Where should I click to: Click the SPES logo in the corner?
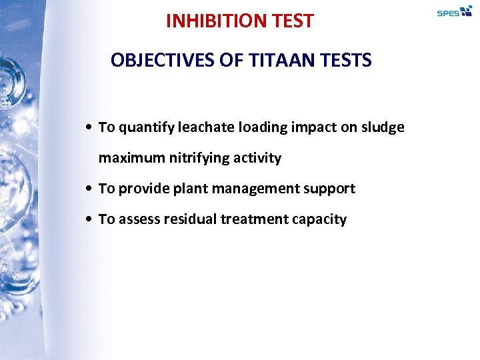[454, 11]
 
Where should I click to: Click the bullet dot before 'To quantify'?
[89, 128]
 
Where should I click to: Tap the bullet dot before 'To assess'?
[89, 220]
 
